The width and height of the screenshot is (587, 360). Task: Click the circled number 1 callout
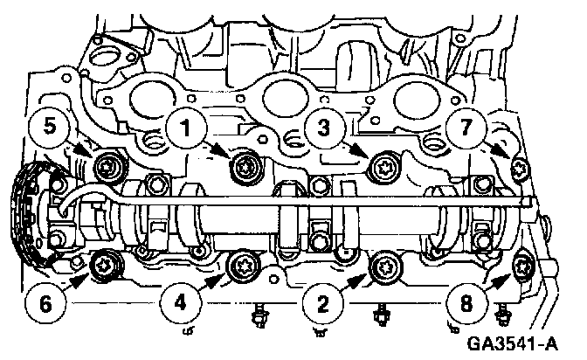(186, 128)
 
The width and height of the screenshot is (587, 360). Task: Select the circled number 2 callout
(322, 303)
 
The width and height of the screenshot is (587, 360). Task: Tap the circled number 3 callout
(324, 128)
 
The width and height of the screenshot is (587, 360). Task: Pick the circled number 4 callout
(180, 302)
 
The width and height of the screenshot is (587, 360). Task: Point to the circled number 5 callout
(50, 126)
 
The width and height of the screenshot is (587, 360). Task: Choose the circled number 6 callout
(45, 302)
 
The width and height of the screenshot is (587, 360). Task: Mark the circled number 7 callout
(466, 127)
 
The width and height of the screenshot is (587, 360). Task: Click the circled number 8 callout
(466, 302)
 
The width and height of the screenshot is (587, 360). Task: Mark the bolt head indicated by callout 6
(105, 267)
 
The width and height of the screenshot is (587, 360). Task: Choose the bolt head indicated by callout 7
(520, 170)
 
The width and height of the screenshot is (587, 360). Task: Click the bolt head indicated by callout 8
(521, 267)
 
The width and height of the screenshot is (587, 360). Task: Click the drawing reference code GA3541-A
(512, 343)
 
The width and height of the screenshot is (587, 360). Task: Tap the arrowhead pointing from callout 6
(81, 279)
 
